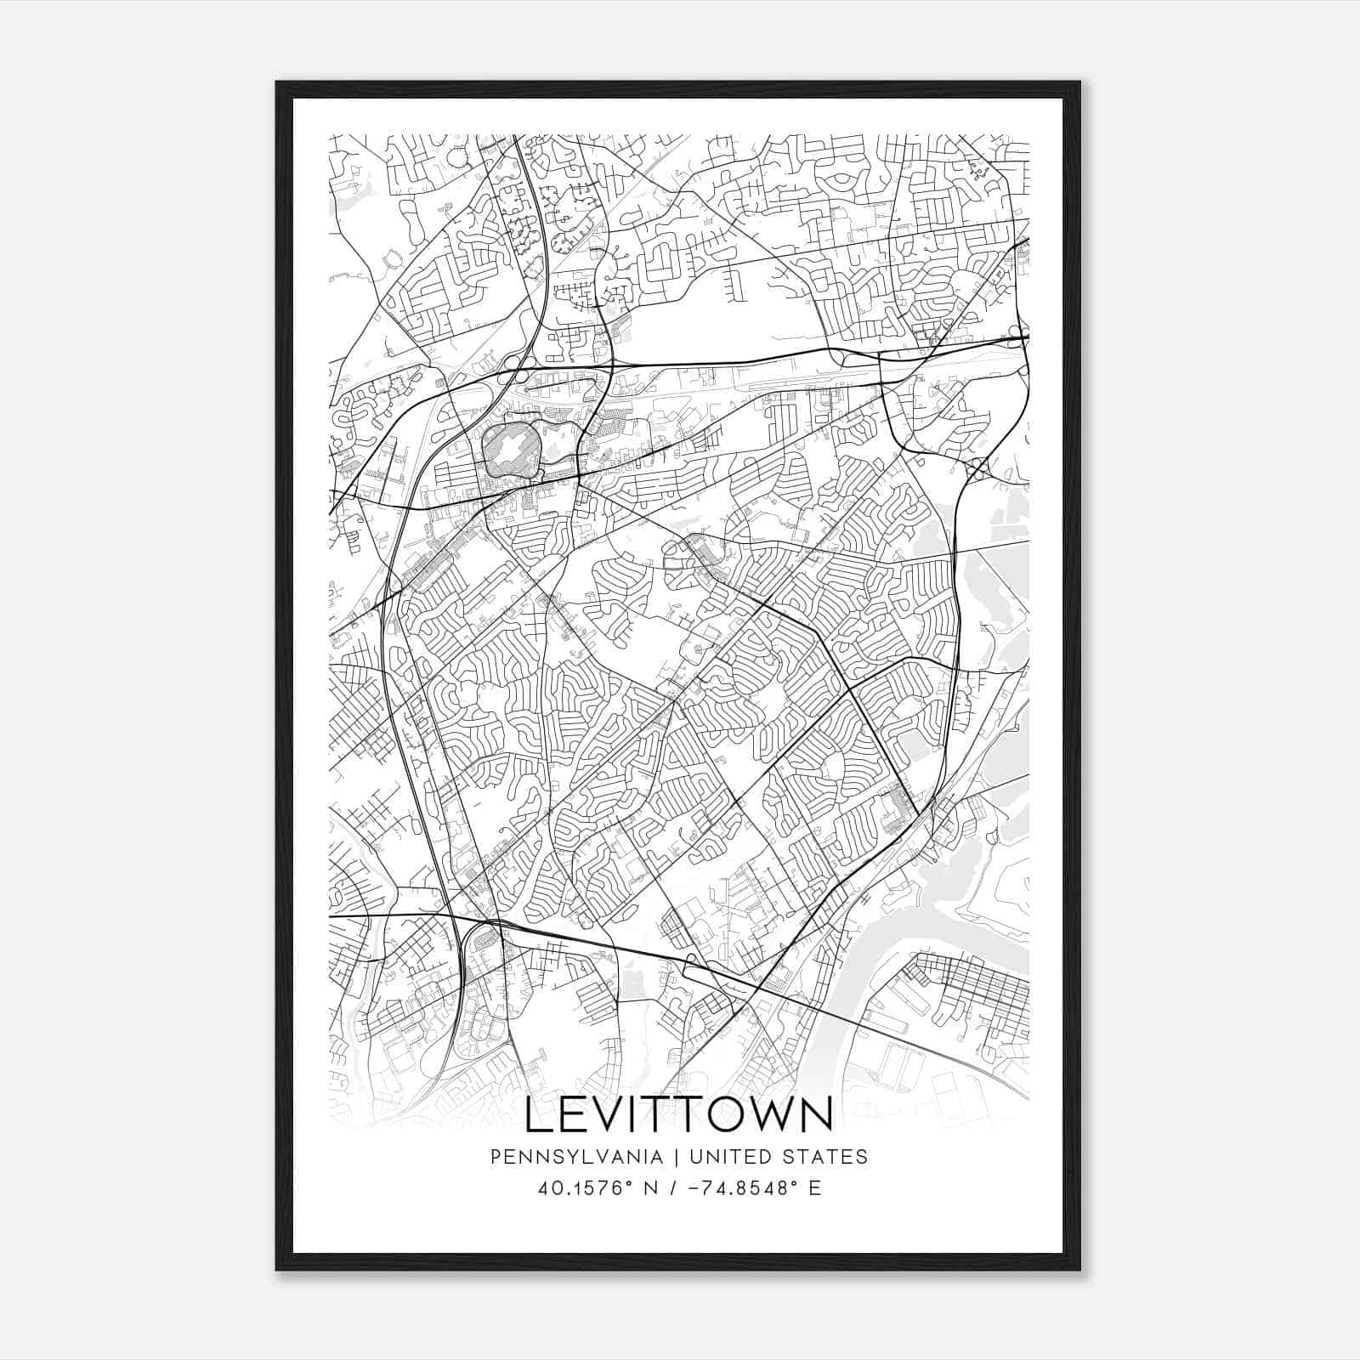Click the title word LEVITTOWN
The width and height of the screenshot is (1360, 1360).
679,1116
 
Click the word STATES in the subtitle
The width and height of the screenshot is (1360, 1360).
828,1157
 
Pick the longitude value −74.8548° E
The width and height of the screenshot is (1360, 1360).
748,1188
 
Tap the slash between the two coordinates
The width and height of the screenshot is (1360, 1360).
672,1188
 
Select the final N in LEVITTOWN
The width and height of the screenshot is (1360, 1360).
816,1116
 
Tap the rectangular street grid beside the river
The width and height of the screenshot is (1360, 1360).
969,986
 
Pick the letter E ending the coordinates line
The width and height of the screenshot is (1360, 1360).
815,1188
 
